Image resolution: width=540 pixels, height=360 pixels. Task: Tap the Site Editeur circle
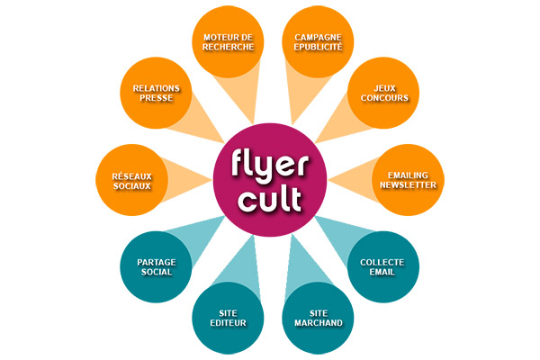(228, 318)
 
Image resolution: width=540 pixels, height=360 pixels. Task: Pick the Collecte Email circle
(382, 267)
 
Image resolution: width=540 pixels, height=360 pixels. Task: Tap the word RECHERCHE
(228, 47)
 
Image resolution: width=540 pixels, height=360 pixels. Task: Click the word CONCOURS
(382, 98)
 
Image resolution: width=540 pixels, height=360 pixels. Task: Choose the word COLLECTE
(382, 262)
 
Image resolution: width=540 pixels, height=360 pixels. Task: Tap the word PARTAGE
(156, 262)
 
